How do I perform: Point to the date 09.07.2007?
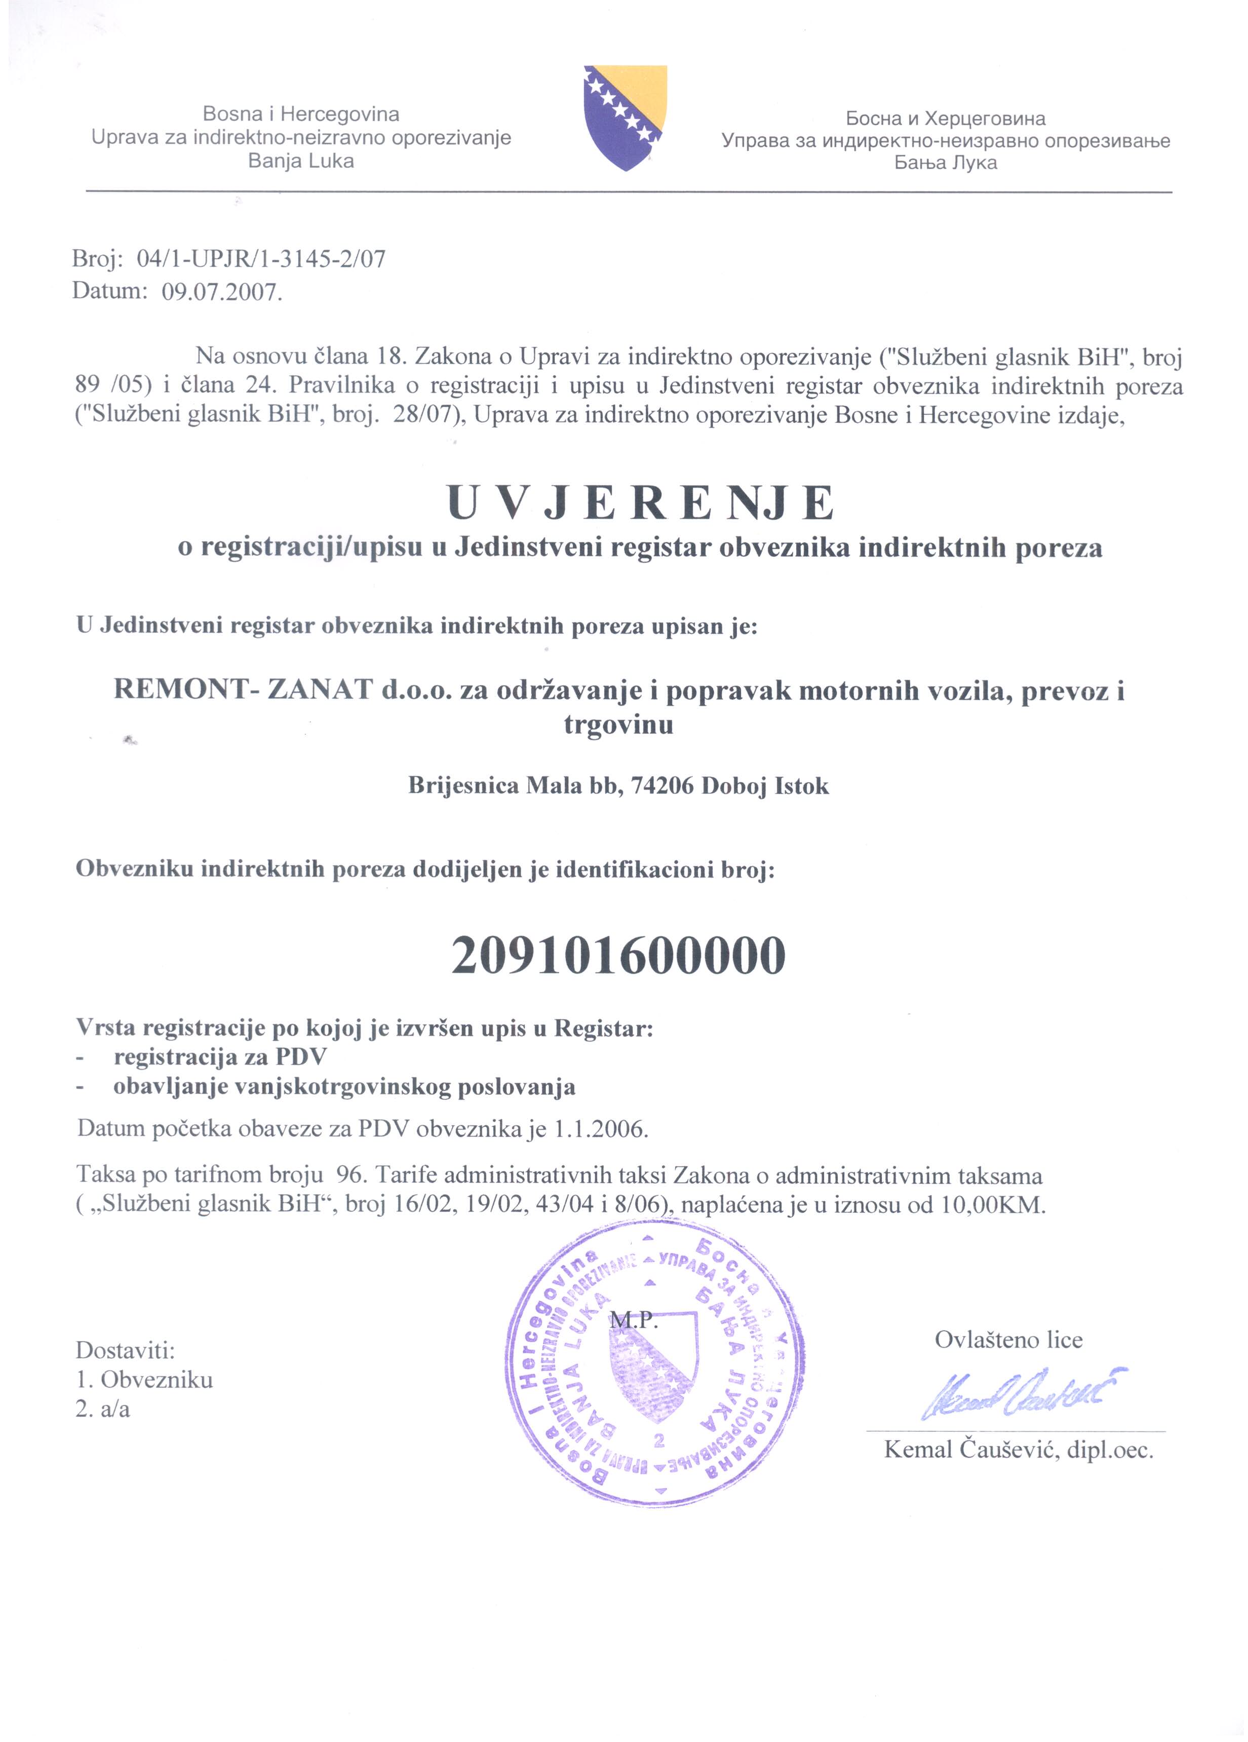coord(221,293)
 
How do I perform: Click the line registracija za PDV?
coord(220,1058)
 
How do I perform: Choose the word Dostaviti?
coord(125,1350)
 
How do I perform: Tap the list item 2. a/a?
coord(103,1409)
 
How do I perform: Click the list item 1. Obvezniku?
coord(144,1379)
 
